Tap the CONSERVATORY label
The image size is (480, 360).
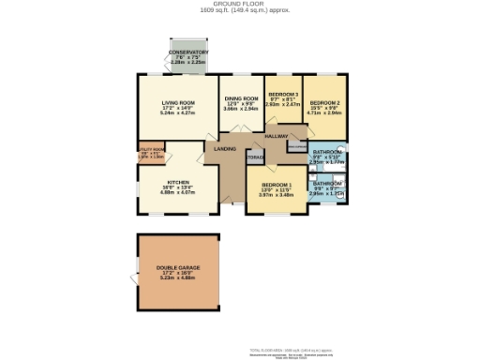coord(188,52)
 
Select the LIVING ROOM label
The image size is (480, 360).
coord(177,101)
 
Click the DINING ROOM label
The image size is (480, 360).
coord(241,98)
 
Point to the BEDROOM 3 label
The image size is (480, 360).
coord(282,95)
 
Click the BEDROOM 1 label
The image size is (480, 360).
coord(277,185)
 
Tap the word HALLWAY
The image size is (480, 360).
coord(276,137)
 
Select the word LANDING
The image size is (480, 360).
coord(225,148)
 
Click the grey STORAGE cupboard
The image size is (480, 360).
coord(255,157)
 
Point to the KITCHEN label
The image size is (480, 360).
coord(178,182)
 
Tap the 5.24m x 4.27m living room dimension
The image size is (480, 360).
coord(177,112)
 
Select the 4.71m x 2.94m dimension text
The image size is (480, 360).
coord(323,112)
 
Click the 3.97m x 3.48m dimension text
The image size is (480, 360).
coord(277,195)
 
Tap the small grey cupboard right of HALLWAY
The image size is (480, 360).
coord(296,146)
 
